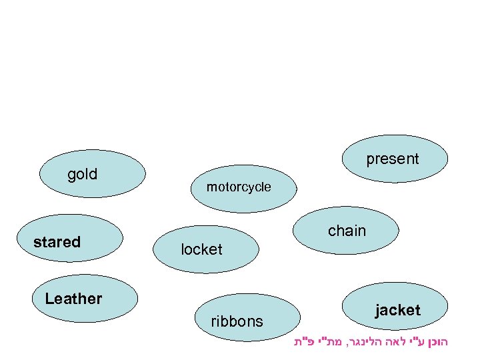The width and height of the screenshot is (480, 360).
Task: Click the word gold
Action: point(83,175)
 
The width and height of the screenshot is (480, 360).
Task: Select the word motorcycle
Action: point(239,187)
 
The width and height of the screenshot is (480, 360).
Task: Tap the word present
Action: point(393,159)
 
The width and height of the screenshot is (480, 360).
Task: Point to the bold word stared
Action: point(57,242)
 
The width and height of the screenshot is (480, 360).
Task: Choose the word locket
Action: point(201,249)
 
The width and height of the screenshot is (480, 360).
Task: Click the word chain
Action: point(347,231)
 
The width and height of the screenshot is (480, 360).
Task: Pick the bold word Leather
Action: point(73,299)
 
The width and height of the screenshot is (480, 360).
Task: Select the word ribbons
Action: point(237,321)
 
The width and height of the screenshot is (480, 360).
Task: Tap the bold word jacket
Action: point(397,310)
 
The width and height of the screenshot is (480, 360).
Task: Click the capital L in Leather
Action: point(49,299)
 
